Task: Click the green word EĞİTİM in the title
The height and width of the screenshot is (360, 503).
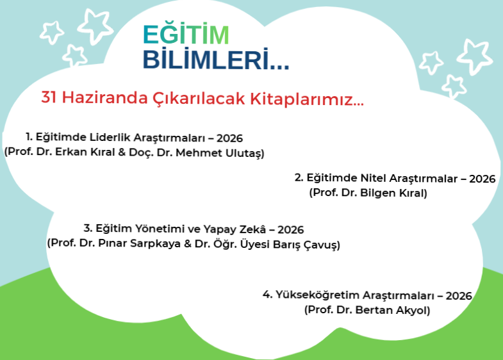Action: pyautogui.click(x=185, y=35)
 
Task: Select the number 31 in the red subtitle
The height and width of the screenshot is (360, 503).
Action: pyautogui.click(x=49, y=98)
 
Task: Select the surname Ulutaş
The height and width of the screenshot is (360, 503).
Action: pyautogui.click(x=243, y=153)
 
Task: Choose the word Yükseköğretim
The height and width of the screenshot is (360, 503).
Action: pyautogui.click(x=317, y=295)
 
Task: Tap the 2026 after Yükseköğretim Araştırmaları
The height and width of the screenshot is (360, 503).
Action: pyautogui.click(x=458, y=295)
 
